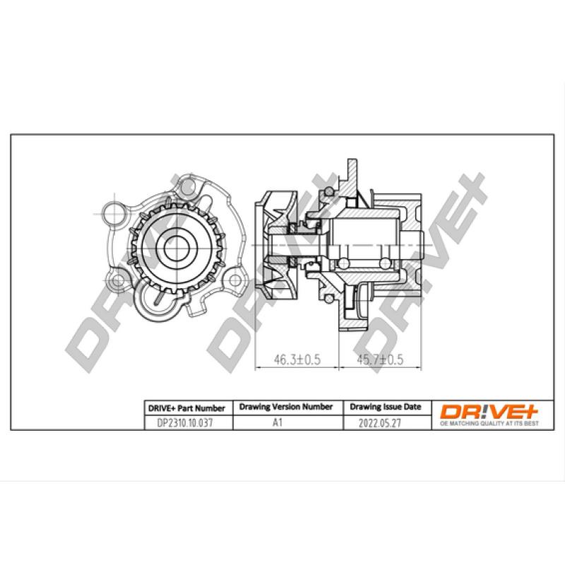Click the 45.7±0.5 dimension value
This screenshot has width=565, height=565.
tap(379, 360)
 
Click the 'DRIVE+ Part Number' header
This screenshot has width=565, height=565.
tap(186, 408)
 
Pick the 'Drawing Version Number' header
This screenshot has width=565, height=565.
tap(286, 408)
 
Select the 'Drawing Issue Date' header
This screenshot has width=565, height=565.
tap(385, 408)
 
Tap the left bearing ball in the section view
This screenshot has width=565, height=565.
tap(344, 264)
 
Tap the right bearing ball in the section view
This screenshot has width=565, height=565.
tap(385, 264)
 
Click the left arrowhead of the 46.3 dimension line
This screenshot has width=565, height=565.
tap(256, 368)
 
